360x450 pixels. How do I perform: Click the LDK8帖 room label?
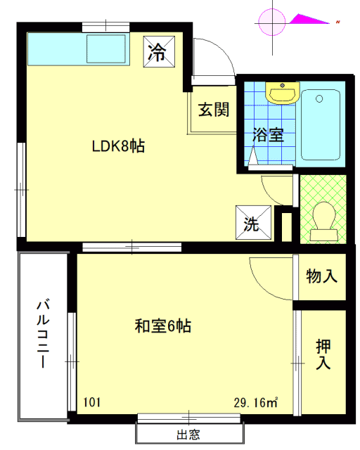tap(118, 146)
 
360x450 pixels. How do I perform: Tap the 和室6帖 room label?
tap(163, 326)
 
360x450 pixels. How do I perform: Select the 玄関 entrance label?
tap(214, 110)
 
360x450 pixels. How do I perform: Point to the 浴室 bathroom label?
tap(268, 134)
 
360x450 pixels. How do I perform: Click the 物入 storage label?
tap(321, 276)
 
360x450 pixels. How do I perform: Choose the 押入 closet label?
tap(323, 354)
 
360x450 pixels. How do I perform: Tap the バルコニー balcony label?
tap(43, 333)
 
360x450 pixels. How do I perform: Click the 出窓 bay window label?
tap(188, 435)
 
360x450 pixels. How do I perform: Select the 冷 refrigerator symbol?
tap(159, 51)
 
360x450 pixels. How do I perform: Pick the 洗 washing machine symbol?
tap(253, 222)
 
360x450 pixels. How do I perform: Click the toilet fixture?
tap(324, 221)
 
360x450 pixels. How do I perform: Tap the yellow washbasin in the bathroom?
tap(283, 93)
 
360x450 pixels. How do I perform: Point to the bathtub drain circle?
tap(319, 99)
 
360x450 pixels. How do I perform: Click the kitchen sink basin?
tap(106, 49)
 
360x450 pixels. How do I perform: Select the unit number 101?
tap(92, 402)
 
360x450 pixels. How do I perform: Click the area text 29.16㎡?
tap(256, 402)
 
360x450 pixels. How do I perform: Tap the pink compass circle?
tap(271, 22)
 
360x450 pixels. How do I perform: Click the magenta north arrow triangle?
tap(309, 19)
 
